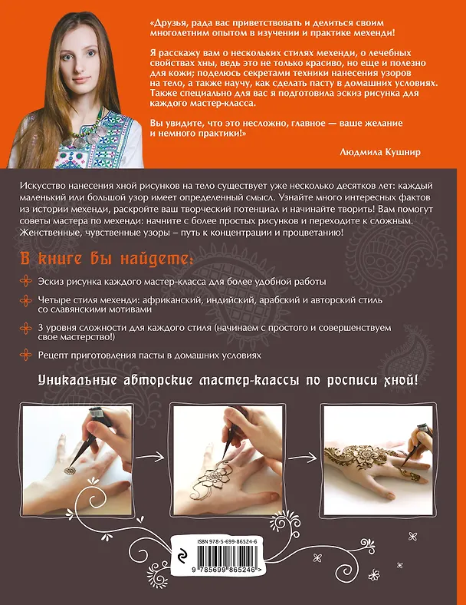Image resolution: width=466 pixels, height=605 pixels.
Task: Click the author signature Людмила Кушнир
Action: (x=380, y=152)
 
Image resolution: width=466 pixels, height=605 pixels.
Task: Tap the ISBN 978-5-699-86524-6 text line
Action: (x=227, y=542)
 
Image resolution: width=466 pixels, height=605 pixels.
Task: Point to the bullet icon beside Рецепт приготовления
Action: (x=26, y=355)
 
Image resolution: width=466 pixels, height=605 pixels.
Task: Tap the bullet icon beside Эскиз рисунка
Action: (x=26, y=281)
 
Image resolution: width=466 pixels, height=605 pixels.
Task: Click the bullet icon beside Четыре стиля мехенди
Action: (x=26, y=300)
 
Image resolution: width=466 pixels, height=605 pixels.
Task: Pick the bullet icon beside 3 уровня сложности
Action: (x=26, y=329)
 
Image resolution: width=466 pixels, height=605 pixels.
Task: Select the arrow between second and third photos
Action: (x=304, y=458)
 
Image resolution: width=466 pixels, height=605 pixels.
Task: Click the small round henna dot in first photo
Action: (x=70, y=471)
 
